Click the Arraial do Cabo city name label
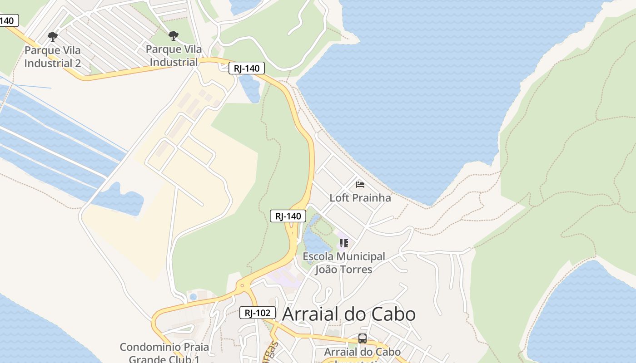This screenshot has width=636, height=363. click(349, 314)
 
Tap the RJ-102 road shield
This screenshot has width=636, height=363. click(258, 312)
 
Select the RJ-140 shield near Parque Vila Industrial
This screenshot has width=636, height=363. click(246, 69)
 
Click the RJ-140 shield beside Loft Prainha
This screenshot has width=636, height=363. click(288, 216)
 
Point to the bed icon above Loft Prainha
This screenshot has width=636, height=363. click(360, 184)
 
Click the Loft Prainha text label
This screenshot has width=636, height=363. click(360, 198)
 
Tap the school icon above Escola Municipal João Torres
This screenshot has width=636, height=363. click(344, 243)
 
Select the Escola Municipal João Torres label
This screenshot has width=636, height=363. click(344, 263)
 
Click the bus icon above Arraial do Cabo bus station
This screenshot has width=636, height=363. click(362, 338)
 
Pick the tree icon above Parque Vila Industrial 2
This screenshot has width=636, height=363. click(53, 36)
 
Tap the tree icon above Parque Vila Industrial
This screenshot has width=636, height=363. click(173, 36)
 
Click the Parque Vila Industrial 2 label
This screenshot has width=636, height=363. click(53, 57)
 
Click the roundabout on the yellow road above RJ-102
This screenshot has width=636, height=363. click(242, 286)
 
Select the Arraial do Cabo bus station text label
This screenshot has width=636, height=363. click(362, 352)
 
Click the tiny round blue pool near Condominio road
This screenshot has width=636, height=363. click(193, 297)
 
